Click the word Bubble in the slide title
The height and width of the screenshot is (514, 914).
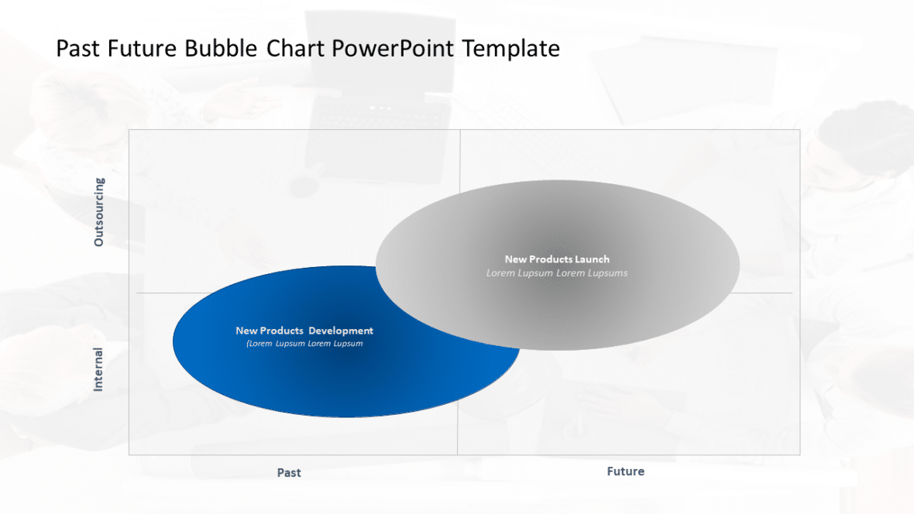pos(222,49)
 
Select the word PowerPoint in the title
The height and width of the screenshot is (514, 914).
pos(394,49)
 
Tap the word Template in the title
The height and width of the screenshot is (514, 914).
pos(511,49)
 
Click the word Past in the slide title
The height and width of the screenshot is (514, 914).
pos(78,49)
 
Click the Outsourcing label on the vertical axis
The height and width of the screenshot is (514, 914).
pos(98,212)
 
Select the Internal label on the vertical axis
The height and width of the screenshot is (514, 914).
pos(98,368)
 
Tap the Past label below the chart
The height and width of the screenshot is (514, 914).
pos(289,472)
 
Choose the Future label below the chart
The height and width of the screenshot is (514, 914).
pos(625,471)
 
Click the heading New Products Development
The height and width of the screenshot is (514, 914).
pos(304,331)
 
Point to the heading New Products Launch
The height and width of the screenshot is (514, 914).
pos(557,259)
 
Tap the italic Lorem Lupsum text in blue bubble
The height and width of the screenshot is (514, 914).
pos(304,343)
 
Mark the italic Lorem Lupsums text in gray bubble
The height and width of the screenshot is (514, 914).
pos(557,272)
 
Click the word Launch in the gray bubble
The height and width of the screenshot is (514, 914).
pos(592,259)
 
